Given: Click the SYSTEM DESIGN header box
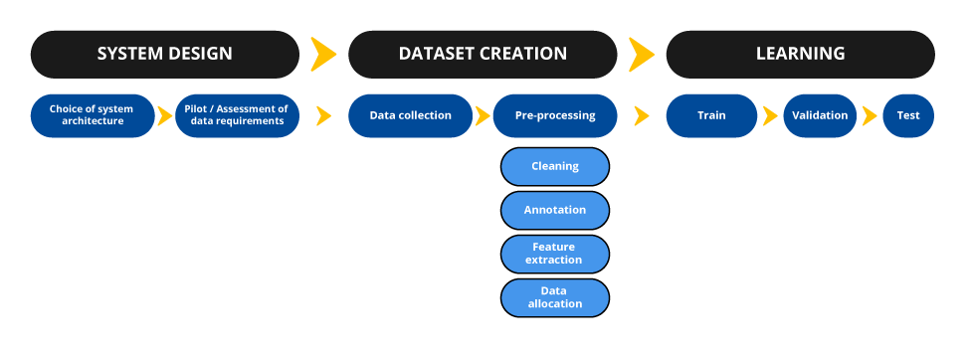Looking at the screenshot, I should [x=164, y=54].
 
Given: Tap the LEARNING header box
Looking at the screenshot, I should [x=800, y=54].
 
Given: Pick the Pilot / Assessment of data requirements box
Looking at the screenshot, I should [x=237, y=115].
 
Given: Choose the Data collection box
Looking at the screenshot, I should [x=410, y=115].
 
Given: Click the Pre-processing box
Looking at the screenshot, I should [x=555, y=115].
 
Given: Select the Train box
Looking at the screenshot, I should [x=711, y=115].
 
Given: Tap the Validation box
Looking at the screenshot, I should [x=820, y=115].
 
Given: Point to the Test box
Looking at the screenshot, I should [x=907, y=115].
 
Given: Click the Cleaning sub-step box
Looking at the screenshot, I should [x=555, y=166].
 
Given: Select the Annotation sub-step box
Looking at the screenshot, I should [x=555, y=210].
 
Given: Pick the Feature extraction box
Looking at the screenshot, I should [x=555, y=253].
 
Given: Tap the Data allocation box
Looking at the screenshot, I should [x=555, y=296].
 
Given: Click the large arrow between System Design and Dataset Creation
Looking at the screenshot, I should [x=322, y=54].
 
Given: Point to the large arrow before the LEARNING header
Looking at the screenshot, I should [x=642, y=54].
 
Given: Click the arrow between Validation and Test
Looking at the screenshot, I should [x=870, y=115].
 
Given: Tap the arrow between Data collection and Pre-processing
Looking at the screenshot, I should [x=483, y=115].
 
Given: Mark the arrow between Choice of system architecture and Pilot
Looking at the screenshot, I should [x=165, y=115].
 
